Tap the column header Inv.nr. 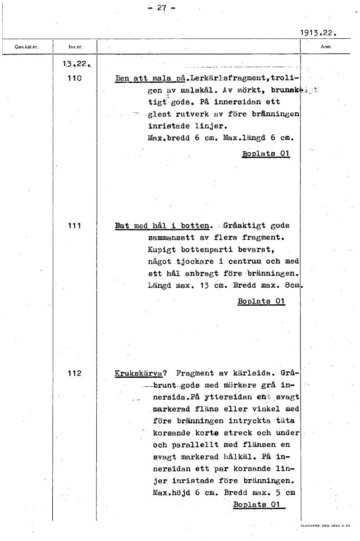click(75, 47)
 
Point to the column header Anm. click(326, 46)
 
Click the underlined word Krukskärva click(138, 374)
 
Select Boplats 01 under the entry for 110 click(266, 153)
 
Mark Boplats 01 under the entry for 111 click(261, 301)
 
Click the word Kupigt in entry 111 click(162, 249)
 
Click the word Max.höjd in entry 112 click(172, 493)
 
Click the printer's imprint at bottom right click(326, 526)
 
